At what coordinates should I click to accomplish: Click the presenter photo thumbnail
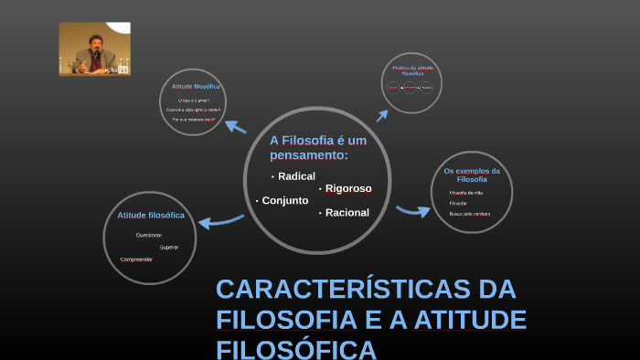(95, 48)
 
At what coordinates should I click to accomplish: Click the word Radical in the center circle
(296, 175)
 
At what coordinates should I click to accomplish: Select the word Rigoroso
(348, 188)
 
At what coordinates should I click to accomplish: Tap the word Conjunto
(285, 200)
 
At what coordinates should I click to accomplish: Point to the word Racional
(347, 213)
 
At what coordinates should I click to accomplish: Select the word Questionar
(148, 235)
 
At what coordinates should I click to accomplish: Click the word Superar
(169, 247)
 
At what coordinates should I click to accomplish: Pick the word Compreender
(136, 259)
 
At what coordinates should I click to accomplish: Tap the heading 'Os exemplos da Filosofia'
(472, 175)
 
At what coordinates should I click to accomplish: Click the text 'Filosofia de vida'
(466, 193)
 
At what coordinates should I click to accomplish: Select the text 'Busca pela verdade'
(470, 214)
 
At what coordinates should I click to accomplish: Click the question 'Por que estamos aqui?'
(193, 120)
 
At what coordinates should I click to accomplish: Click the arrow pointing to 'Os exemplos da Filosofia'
(412, 211)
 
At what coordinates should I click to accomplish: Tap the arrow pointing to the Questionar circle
(220, 220)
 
